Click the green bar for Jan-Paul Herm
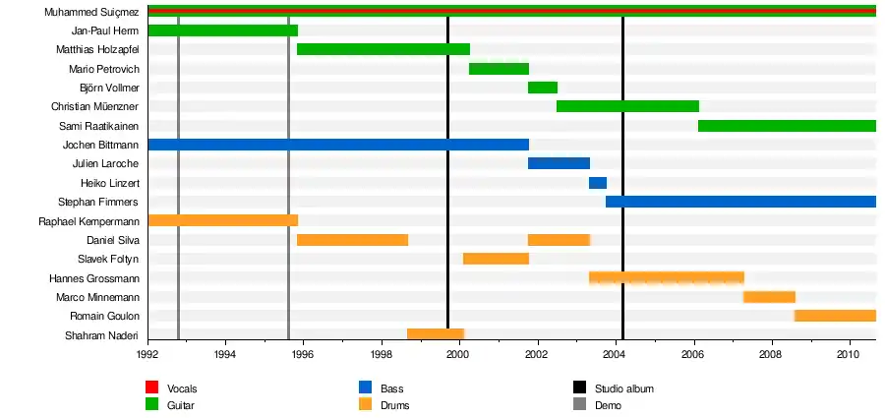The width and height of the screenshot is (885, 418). [x=222, y=30]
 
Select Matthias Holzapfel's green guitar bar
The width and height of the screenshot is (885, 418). [x=383, y=49]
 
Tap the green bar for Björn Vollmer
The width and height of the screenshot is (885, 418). [x=543, y=88]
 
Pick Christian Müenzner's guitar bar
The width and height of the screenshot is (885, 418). [x=627, y=106]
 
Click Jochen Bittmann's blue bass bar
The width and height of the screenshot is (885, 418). [x=338, y=145]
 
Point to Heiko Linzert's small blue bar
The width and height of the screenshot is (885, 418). [x=598, y=183]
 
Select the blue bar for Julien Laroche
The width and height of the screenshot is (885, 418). [x=559, y=163]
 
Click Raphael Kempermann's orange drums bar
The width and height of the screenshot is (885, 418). [x=222, y=220]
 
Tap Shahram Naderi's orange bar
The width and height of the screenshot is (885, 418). [x=436, y=334]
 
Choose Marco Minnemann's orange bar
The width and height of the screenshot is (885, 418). [x=769, y=297]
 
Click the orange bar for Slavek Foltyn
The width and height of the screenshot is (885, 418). [x=496, y=259]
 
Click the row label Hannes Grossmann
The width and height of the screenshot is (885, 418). [x=94, y=278]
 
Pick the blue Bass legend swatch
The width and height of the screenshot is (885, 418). [x=366, y=388]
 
